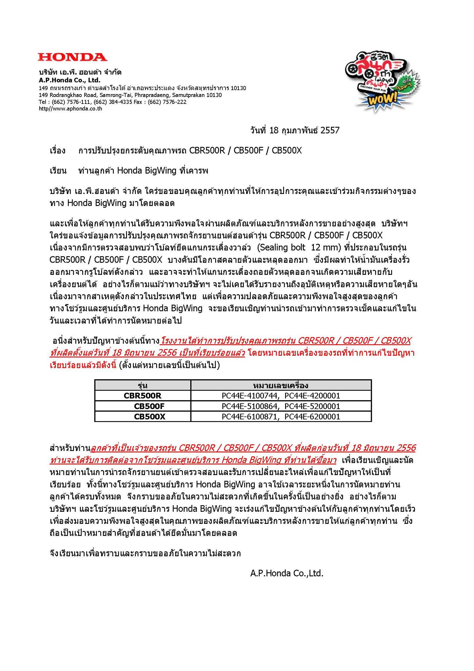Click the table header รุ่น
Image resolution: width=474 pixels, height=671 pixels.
point(143,385)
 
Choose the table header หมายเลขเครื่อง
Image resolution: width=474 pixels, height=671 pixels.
point(281,385)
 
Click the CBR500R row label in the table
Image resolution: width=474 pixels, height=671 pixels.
point(143,396)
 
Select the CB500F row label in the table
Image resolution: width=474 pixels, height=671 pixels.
point(149,406)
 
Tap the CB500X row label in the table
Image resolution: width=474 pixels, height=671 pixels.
point(149,417)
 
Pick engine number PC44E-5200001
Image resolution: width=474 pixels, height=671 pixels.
point(312,406)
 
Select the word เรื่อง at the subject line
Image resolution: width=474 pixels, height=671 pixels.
point(58,151)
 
